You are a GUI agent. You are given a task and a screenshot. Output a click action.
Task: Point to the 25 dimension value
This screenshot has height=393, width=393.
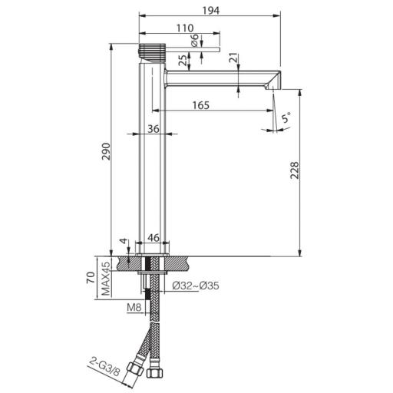point(182,60)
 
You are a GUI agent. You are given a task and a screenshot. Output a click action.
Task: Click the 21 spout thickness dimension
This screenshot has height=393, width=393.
point(233,60)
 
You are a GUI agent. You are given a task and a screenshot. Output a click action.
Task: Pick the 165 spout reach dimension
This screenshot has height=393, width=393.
point(202,105)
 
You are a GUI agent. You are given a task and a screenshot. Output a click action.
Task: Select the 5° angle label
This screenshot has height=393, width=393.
point(285,119)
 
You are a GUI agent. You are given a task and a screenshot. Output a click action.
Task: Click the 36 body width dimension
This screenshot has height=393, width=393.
point(153,129)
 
